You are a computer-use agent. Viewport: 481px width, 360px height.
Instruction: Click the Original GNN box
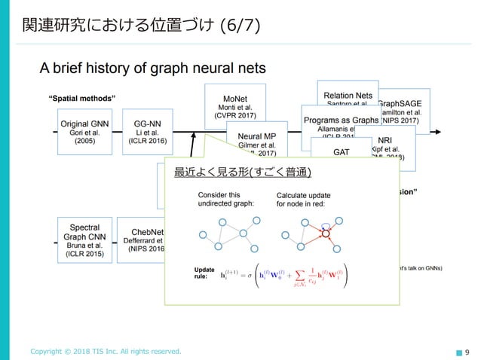[x=84, y=131]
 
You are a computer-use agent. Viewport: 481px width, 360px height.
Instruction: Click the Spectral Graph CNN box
[x=84, y=237]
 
